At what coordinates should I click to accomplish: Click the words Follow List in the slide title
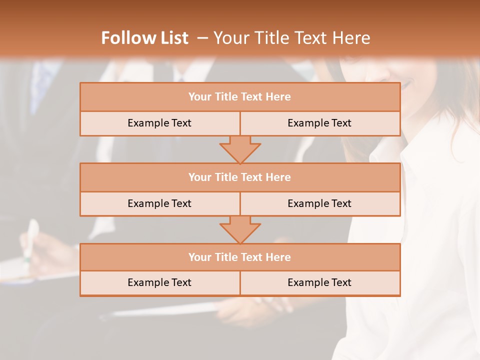(x=144, y=38)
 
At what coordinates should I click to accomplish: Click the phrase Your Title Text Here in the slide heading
(x=292, y=38)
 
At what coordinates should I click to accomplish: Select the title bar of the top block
(x=240, y=97)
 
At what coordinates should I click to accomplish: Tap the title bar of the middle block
(x=240, y=177)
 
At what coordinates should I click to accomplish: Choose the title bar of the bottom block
(x=240, y=257)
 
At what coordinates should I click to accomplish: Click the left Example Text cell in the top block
(x=159, y=123)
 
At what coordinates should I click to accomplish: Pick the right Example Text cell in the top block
(x=319, y=123)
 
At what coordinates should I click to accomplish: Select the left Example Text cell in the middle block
(x=159, y=203)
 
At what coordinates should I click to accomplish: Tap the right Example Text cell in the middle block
(x=319, y=203)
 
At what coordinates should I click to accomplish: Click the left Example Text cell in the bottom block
(x=159, y=282)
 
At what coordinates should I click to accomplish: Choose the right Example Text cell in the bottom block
(x=319, y=282)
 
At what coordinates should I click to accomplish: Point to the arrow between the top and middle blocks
(x=240, y=149)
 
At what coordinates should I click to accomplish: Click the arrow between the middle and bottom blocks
(x=240, y=230)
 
